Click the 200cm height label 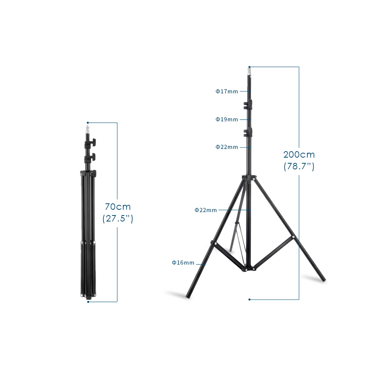pyautogui.click(x=299, y=154)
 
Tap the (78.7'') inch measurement pyautogui.click(x=299, y=166)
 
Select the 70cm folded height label pyautogui.click(x=118, y=207)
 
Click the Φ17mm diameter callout pyautogui.click(x=227, y=91)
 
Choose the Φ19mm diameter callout pyautogui.click(x=227, y=119)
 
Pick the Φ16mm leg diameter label pyautogui.click(x=183, y=262)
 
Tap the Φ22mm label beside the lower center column pyautogui.click(x=206, y=210)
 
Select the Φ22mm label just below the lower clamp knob pyautogui.click(x=227, y=147)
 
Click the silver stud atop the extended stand pyautogui.click(x=249, y=71)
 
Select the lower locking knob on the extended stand pyautogui.click(x=248, y=132)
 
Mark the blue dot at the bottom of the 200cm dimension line pyautogui.click(x=249, y=299)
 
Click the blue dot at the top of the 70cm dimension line pyautogui.click(x=88, y=122)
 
